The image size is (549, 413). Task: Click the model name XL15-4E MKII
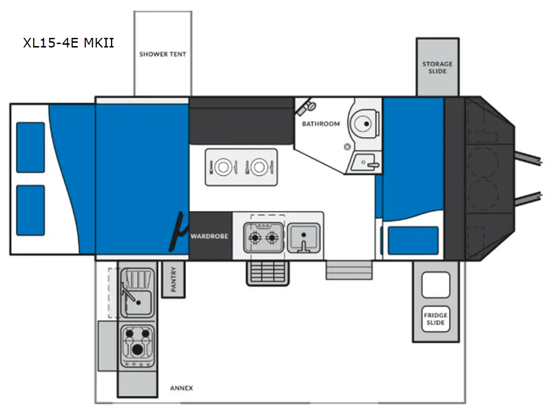pyautogui.click(x=69, y=43)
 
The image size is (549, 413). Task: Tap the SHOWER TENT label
pyautogui.click(x=163, y=54)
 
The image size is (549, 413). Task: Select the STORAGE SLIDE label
pyautogui.click(x=437, y=67)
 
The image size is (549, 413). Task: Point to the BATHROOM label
pyautogui.click(x=321, y=124)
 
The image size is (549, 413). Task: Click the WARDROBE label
pyautogui.click(x=209, y=236)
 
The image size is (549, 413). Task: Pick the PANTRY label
pyautogui.click(x=174, y=279)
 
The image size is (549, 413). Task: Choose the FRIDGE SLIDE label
pyautogui.click(x=435, y=319)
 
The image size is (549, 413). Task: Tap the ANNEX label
pyautogui.click(x=181, y=388)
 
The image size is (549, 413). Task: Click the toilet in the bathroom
pyautogui.click(x=364, y=123)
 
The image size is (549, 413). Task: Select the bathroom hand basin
pyautogui.click(x=365, y=163)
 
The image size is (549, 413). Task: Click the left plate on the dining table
pyautogui.click(x=223, y=167)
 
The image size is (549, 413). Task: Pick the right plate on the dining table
pyautogui.click(x=259, y=167)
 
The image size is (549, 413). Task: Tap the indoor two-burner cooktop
pyautogui.click(x=264, y=237)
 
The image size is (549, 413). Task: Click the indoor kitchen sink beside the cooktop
pyautogui.click(x=304, y=237)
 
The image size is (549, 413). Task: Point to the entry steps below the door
pyautogui.click(x=349, y=270)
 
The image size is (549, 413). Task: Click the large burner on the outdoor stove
pyautogui.click(x=138, y=349)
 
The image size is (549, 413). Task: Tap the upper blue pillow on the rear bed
pyautogui.click(x=30, y=147)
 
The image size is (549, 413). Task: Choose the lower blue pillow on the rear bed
pyautogui.click(x=30, y=211)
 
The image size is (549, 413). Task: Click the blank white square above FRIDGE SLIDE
pyautogui.click(x=435, y=285)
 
